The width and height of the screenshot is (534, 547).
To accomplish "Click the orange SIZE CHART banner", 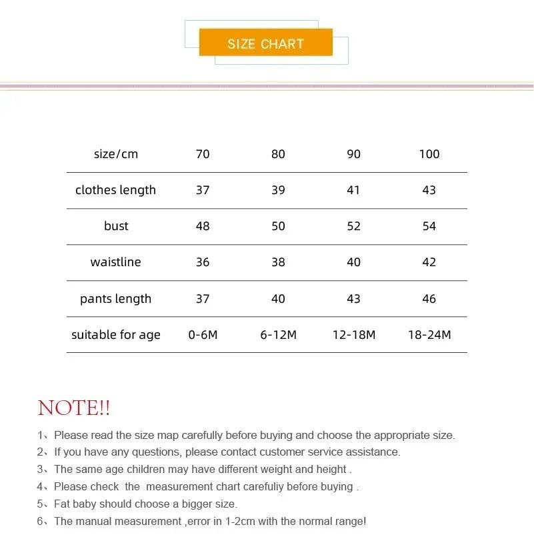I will click(x=265, y=43).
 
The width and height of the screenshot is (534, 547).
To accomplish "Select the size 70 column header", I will click(x=203, y=154).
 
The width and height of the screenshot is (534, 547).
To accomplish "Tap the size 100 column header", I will click(x=429, y=154).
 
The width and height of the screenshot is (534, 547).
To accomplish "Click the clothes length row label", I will click(x=115, y=190).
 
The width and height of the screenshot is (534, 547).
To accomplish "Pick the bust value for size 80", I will click(x=278, y=226).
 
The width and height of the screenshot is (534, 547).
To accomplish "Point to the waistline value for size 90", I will click(x=353, y=262).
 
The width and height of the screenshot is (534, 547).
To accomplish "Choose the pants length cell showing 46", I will click(x=429, y=299).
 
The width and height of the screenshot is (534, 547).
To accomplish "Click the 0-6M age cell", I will click(x=203, y=335).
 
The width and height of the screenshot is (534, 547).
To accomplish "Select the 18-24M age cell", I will click(x=429, y=335).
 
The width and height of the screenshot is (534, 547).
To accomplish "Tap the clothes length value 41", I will click(x=353, y=190).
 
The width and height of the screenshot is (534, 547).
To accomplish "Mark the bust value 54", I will click(x=429, y=226).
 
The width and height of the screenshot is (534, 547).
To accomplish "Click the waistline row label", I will click(x=115, y=262).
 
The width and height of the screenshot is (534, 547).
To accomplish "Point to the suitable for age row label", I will click(x=116, y=335).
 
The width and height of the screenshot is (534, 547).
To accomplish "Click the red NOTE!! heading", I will click(x=74, y=408).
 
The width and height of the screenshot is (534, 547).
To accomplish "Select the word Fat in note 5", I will click(x=63, y=504).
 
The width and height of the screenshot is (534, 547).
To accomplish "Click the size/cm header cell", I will click(x=116, y=154).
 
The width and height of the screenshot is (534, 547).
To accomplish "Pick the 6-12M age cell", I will click(x=278, y=335).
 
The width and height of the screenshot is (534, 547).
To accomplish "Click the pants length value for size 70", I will click(x=203, y=299).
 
